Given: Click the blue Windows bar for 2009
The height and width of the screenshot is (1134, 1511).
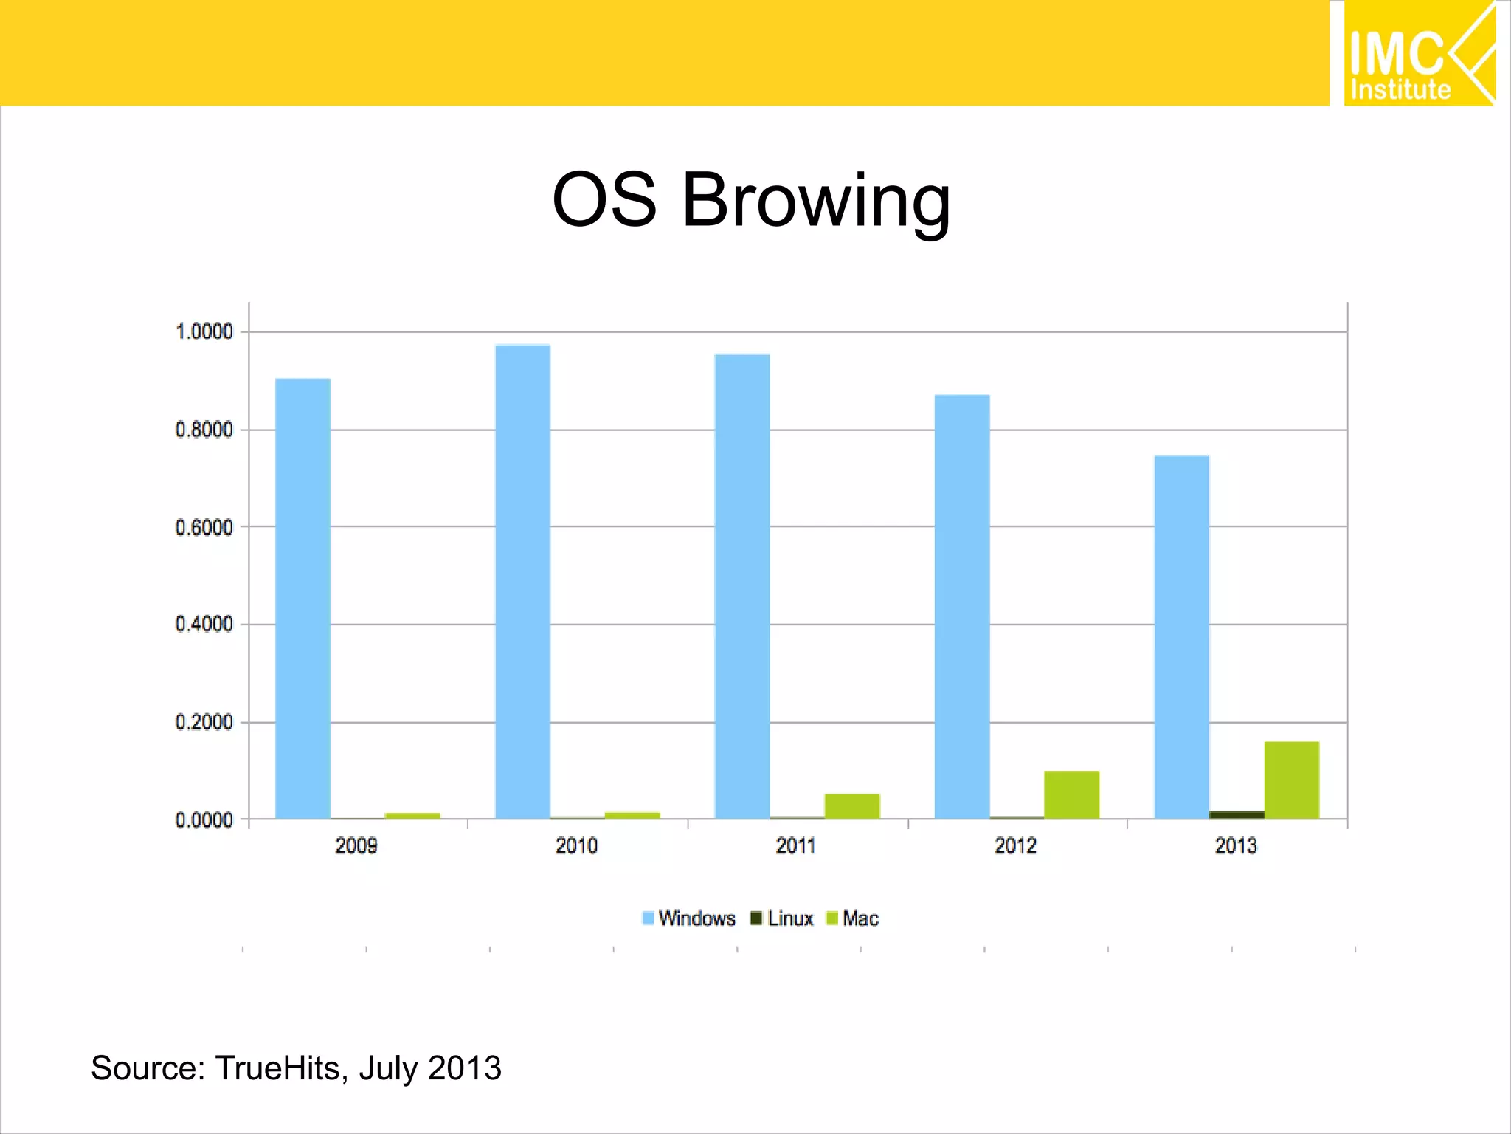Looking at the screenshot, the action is coord(302,598).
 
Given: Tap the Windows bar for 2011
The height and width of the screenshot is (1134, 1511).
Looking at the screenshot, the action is coord(742,587).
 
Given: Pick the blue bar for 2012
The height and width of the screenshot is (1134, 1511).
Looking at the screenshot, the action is coord(962,607).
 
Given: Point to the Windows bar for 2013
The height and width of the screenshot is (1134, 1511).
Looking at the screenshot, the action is coord(1182,636).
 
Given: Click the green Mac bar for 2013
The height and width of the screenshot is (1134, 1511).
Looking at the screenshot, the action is coord(1292,780).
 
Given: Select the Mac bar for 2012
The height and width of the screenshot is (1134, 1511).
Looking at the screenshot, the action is coord(1072,795).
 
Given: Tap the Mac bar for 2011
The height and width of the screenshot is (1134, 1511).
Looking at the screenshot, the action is coord(852,806).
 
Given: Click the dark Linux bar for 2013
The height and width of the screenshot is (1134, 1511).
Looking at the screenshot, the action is coord(1237,815).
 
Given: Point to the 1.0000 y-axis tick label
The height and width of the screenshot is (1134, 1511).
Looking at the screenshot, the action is coord(204,331).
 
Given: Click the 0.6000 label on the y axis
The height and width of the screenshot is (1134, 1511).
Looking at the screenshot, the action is coord(204,527).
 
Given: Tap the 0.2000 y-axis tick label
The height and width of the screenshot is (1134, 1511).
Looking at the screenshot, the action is coord(204,722).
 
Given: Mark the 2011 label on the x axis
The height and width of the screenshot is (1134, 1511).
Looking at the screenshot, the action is coord(796,845).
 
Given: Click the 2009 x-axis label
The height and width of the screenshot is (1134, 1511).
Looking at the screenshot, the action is coord(356,845).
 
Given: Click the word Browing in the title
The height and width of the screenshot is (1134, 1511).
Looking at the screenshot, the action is coord(816,201).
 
